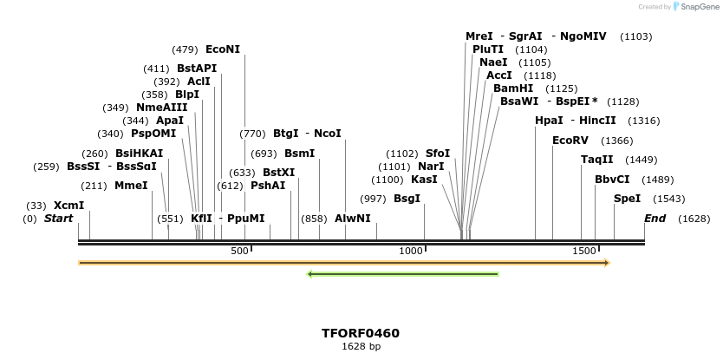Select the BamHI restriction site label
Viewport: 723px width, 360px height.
tap(513, 88)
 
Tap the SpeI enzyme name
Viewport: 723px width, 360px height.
tap(627, 199)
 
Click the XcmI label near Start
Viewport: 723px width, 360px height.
tap(69, 206)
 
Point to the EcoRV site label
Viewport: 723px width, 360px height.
tap(570, 140)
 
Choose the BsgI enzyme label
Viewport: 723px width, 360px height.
tap(407, 199)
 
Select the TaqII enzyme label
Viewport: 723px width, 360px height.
tap(596, 160)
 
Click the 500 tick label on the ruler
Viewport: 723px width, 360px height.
tap(239, 251)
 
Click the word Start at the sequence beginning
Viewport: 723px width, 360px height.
tap(58, 219)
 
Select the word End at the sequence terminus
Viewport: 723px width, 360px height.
tap(655, 219)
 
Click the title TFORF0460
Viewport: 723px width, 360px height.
tap(361, 333)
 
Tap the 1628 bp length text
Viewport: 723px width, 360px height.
tap(361, 346)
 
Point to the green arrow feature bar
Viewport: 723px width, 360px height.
tap(404, 274)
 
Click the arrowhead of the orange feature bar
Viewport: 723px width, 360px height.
tap(606, 262)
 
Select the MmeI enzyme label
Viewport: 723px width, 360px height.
tap(131, 186)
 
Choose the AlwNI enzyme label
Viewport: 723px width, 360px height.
tap(352, 219)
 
